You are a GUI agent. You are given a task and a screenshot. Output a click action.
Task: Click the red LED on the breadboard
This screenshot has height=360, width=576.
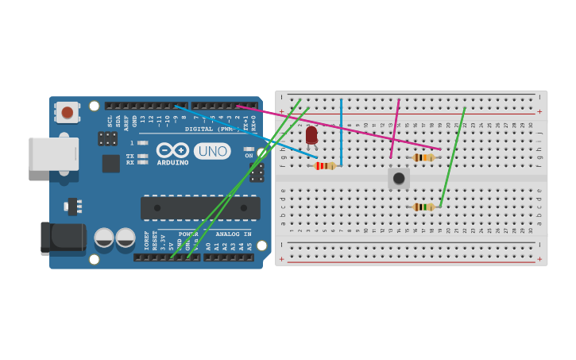[311, 135]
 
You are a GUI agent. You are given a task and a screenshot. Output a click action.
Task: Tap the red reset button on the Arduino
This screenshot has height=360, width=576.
[68, 113]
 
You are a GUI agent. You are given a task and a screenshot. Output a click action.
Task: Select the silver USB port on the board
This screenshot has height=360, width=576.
[53, 154]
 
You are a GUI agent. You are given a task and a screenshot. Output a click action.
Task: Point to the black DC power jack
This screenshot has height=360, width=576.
[63, 238]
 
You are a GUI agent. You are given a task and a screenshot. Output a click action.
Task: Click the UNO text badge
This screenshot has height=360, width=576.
[212, 151]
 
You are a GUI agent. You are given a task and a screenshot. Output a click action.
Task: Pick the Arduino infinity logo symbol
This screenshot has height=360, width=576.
[172, 150]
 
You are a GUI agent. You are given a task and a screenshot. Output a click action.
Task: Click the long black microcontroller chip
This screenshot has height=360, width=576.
[200, 208]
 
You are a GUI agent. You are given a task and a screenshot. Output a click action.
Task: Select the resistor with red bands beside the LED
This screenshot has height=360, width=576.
[324, 166]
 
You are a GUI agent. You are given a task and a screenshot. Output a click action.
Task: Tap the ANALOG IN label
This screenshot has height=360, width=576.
[234, 234]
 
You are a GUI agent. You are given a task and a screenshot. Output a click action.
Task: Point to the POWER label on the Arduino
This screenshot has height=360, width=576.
[188, 234]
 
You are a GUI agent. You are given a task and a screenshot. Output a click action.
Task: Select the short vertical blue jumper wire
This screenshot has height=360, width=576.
[341, 131]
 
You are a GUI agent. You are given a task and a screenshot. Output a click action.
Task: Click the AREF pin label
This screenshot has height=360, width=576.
[126, 121]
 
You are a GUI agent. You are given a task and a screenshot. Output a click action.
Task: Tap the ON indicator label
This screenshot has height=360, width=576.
[249, 156]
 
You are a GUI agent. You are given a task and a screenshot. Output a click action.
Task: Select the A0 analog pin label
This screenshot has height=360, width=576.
[209, 246]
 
